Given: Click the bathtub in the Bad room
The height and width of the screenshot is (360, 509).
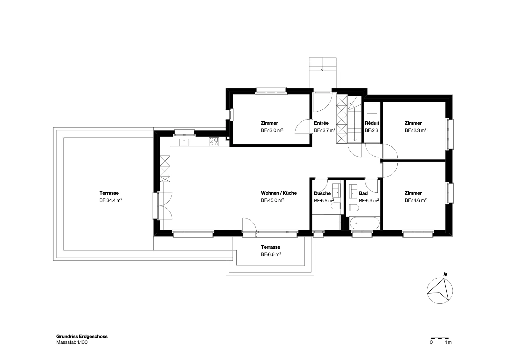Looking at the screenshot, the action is (365, 223).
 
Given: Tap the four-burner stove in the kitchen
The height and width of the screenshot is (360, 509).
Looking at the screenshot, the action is (213, 142).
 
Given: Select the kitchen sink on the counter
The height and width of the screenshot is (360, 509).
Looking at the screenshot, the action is (184, 142).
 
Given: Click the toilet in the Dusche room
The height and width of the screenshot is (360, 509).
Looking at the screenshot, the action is (335, 206).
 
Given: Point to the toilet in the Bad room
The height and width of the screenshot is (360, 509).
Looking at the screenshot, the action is (354, 208).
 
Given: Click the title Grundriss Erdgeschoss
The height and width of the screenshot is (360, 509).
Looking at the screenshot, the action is (82, 336).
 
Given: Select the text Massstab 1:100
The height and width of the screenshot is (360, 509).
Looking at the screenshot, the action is (72, 342).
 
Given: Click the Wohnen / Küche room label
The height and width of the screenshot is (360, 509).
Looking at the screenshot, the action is (279, 193).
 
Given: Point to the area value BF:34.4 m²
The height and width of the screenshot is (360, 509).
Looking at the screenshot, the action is (111, 200).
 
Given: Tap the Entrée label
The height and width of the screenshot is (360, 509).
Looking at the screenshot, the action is (321, 123).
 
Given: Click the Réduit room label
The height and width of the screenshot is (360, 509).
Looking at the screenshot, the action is (372, 123).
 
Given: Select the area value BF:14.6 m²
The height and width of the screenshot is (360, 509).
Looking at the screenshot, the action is (415, 200).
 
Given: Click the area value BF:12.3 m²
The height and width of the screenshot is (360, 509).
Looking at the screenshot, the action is (415, 130).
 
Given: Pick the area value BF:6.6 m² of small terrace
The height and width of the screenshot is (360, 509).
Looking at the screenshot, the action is (271, 254).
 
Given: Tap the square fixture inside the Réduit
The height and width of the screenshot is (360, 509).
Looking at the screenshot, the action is (372, 108).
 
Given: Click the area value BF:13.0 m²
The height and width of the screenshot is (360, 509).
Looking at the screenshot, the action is (272, 130).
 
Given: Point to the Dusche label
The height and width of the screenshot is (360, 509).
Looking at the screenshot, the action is (322, 193).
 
